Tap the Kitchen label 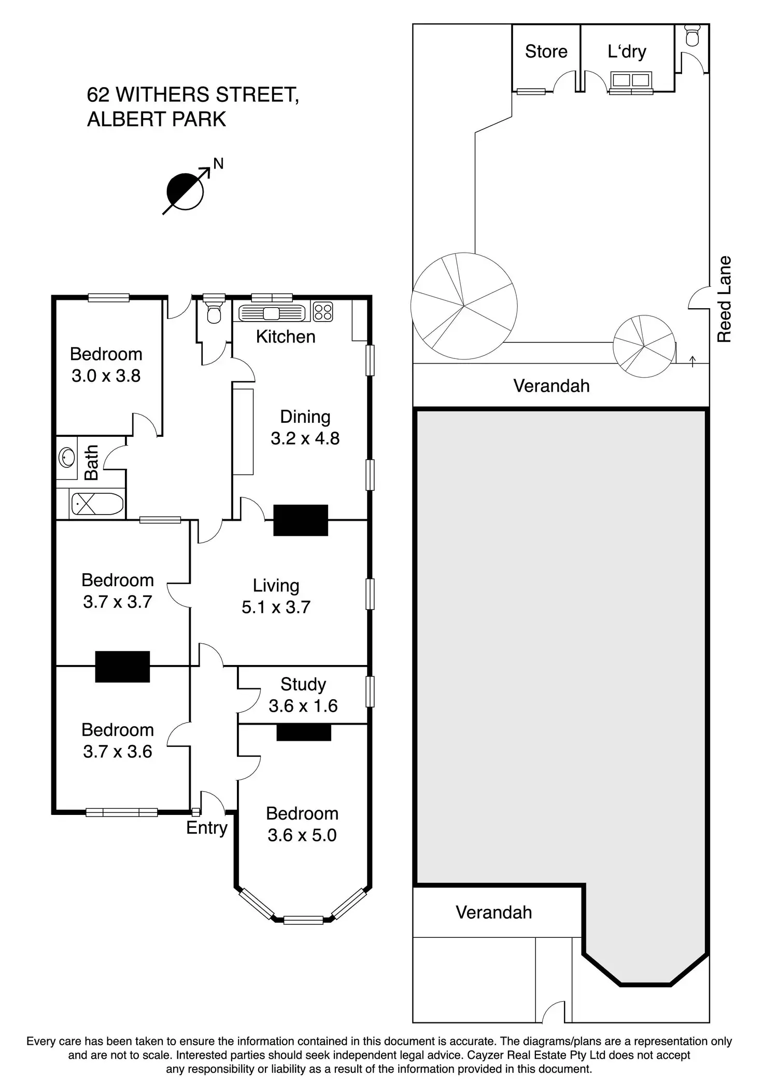[x=286, y=337]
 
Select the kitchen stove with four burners [x=323, y=312]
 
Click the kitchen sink [x=272, y=313]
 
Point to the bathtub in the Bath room [x=97, y=504]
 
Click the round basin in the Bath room [x=66, y=458]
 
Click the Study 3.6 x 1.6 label [x=303, y=695]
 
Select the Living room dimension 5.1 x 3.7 [x=276, y=607]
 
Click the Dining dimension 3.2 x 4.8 [x=305, y=438]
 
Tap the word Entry [x=207, y=828]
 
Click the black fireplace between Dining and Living [x=301, y=520]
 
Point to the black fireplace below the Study [x=304, y=732]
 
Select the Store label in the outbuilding [x=546, y=51]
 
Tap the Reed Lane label [x=724, y=299]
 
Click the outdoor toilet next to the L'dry [x=693, y=34]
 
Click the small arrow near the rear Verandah [x=693, y=361]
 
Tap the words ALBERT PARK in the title [x=157, y=119]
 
